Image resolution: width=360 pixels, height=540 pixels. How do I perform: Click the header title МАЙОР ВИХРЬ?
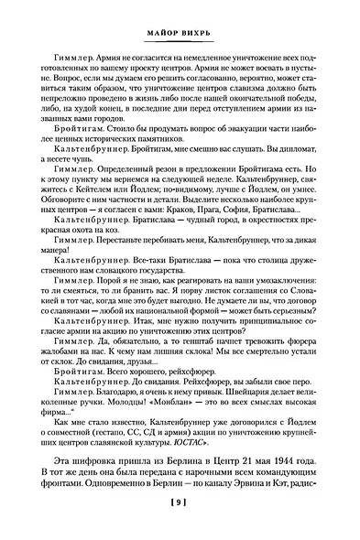coord(180,31)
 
